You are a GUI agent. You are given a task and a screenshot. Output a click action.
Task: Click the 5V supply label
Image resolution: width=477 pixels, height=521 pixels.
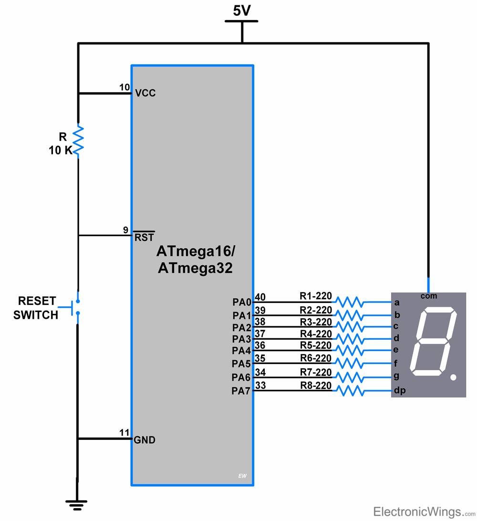click(242, 11)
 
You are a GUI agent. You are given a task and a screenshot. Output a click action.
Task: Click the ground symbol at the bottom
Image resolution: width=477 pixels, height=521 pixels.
click(76, 503)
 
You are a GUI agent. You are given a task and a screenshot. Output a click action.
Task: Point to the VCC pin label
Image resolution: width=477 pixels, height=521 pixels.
click(145, 93)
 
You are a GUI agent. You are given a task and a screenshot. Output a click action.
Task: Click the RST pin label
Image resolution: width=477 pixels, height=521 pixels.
click(144, 237)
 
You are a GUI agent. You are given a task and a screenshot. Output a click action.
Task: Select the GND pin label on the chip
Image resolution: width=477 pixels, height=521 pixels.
click(145, 440)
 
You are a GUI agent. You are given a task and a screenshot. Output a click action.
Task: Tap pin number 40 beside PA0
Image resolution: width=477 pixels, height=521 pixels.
click(260, 297)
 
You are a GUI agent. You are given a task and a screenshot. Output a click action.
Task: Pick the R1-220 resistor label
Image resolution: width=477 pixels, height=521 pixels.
click(315, 296)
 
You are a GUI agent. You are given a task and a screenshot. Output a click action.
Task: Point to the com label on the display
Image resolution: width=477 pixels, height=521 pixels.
click(429, 296)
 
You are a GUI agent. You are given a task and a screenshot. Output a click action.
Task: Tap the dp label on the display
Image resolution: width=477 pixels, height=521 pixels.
click(399, 391)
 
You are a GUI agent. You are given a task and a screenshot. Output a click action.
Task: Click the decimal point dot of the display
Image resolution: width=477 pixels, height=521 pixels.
click(453, 377)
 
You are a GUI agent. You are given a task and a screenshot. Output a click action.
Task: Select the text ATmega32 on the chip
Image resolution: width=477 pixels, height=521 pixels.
click(195, 268)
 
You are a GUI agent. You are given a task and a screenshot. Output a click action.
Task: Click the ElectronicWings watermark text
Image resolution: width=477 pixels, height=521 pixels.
click(417, 512)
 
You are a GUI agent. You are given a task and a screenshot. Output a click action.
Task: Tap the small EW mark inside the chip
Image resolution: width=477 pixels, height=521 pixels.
click(242, 476)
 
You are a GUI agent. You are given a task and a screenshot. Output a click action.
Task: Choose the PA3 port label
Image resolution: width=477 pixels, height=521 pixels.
click(241, 339)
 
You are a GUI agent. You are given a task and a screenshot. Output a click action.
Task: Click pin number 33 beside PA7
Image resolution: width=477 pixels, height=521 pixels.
click(260, 385)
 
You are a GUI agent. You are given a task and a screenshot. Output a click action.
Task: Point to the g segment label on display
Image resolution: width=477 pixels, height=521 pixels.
click(396, 376)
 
